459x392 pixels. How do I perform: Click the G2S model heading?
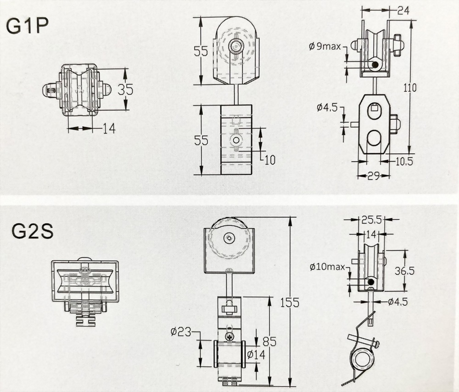click(x=33, y=231)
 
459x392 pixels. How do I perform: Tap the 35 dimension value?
click(x=125, y=90)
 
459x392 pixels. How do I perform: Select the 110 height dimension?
click(x=409, y=87)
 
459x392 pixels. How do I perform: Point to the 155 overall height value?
click(x=290, y=302)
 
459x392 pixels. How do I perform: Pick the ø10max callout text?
click(x=328, y=267)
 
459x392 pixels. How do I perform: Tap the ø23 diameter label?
click(x=181, y=332)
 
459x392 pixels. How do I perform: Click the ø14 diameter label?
click(x=256, y=354)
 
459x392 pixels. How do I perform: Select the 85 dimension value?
click(x=269, y=342)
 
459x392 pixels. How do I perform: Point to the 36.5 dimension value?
click(x=404, y=271)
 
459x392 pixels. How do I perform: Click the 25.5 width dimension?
click(x=371, y=219)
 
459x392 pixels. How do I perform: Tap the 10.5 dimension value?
click(x=404, y=161)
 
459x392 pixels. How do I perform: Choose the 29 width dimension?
click(x=374, y=176)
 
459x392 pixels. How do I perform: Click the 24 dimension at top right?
click(x=403, y=11)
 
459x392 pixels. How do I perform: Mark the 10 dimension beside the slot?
click(x=270, y=160)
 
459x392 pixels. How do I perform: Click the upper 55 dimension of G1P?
click(x=201, y=51)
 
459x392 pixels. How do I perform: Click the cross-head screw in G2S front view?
click(x=229, y=336)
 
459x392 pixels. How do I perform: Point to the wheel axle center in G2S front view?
click(x=229, y=238)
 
